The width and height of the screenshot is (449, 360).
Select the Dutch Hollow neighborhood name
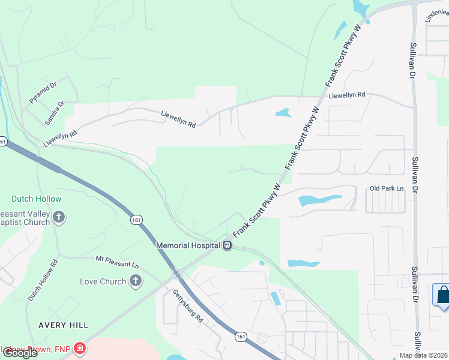[x=36, y=199]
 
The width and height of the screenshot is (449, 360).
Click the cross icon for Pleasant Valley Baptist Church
[x=59, y=217]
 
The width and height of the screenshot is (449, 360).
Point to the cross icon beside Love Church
[x=136, y=281]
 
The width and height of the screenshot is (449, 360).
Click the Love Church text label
[x=103, y=281]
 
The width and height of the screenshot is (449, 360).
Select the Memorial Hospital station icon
[x=228, y=245]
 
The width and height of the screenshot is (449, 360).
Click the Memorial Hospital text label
[x=188, y=245]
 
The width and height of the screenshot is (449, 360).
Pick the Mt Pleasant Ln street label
[x=117, y=262]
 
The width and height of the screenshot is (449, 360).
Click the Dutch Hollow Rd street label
[x=43, y=280]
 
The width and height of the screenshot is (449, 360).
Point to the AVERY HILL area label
[x=63, y=325]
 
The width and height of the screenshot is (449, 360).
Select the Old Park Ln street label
[x=387, y=189]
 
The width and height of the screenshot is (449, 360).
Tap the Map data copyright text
[x=424, y=355]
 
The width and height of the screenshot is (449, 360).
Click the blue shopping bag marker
[x=442, y=295]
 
